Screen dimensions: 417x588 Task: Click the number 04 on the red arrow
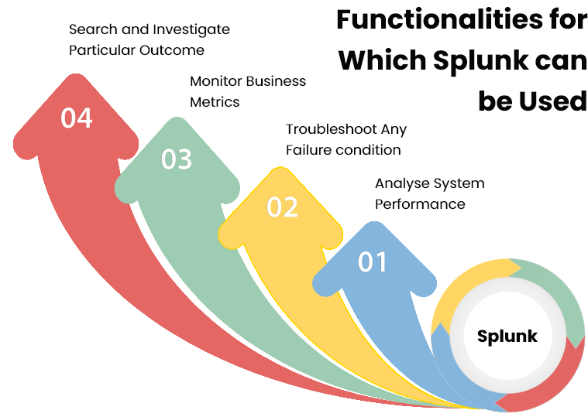tap(77, 118)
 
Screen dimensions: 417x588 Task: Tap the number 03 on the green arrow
tap(177, 159)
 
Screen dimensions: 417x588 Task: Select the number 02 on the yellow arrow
tap(282, 207)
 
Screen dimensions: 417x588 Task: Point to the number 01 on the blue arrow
tap(373, 263)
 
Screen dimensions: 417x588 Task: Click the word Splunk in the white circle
tap(507, 337)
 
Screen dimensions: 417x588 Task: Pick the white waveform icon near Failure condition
tap(377, 152)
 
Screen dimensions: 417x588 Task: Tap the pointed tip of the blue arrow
tap(376, 224)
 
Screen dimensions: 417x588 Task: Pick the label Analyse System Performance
tap(429, 194)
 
